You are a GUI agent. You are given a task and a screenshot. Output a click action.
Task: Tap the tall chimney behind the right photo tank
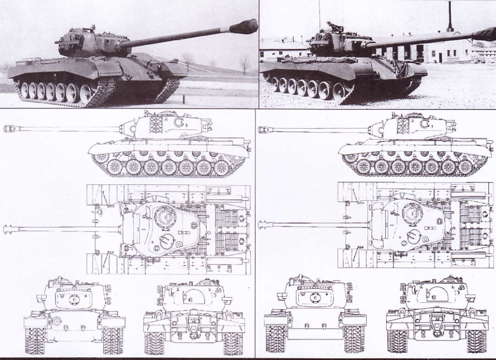coord(450,17)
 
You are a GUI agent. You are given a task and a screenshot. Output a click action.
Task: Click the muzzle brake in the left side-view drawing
coord(10,128)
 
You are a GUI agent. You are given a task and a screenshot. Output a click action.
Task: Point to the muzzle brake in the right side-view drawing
coord(265,130)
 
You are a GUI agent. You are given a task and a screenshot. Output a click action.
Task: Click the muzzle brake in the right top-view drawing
coord(264,225)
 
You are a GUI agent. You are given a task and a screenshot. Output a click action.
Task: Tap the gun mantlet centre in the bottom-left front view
coord(74,299)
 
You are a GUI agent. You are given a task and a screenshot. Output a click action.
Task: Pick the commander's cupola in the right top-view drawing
coord(413,213)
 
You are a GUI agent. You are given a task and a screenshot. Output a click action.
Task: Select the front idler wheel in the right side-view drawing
coord(351,157)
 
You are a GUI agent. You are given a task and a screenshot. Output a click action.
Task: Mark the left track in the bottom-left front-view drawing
coord(35,340)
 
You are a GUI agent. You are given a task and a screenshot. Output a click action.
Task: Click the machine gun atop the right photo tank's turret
coord(331,26)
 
